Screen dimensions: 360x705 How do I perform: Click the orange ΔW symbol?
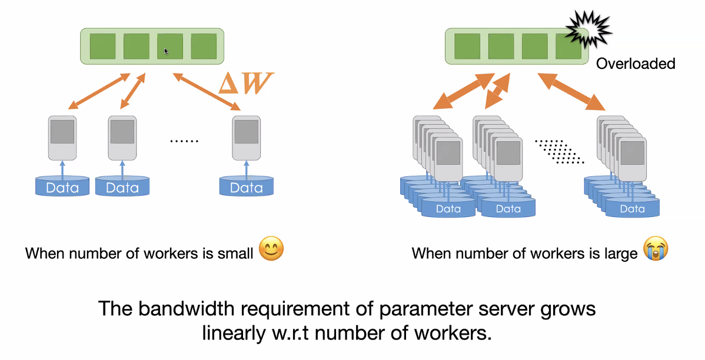(245, 84)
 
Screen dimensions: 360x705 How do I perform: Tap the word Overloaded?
(636, 64)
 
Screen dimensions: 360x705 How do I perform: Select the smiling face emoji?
(271, 249)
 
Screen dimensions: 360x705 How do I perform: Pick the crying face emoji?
(656, 250)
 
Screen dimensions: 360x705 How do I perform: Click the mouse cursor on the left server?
(167, 51)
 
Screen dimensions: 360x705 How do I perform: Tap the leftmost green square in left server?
(102, 46)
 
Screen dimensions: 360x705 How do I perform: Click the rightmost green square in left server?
(204, 46)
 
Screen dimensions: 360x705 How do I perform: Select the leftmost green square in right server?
(467, 46)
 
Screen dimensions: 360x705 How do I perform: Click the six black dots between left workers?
(184, 141)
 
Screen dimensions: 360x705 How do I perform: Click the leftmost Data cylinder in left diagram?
(62, 187)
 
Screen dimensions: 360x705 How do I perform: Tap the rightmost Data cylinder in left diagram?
(246, 187)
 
